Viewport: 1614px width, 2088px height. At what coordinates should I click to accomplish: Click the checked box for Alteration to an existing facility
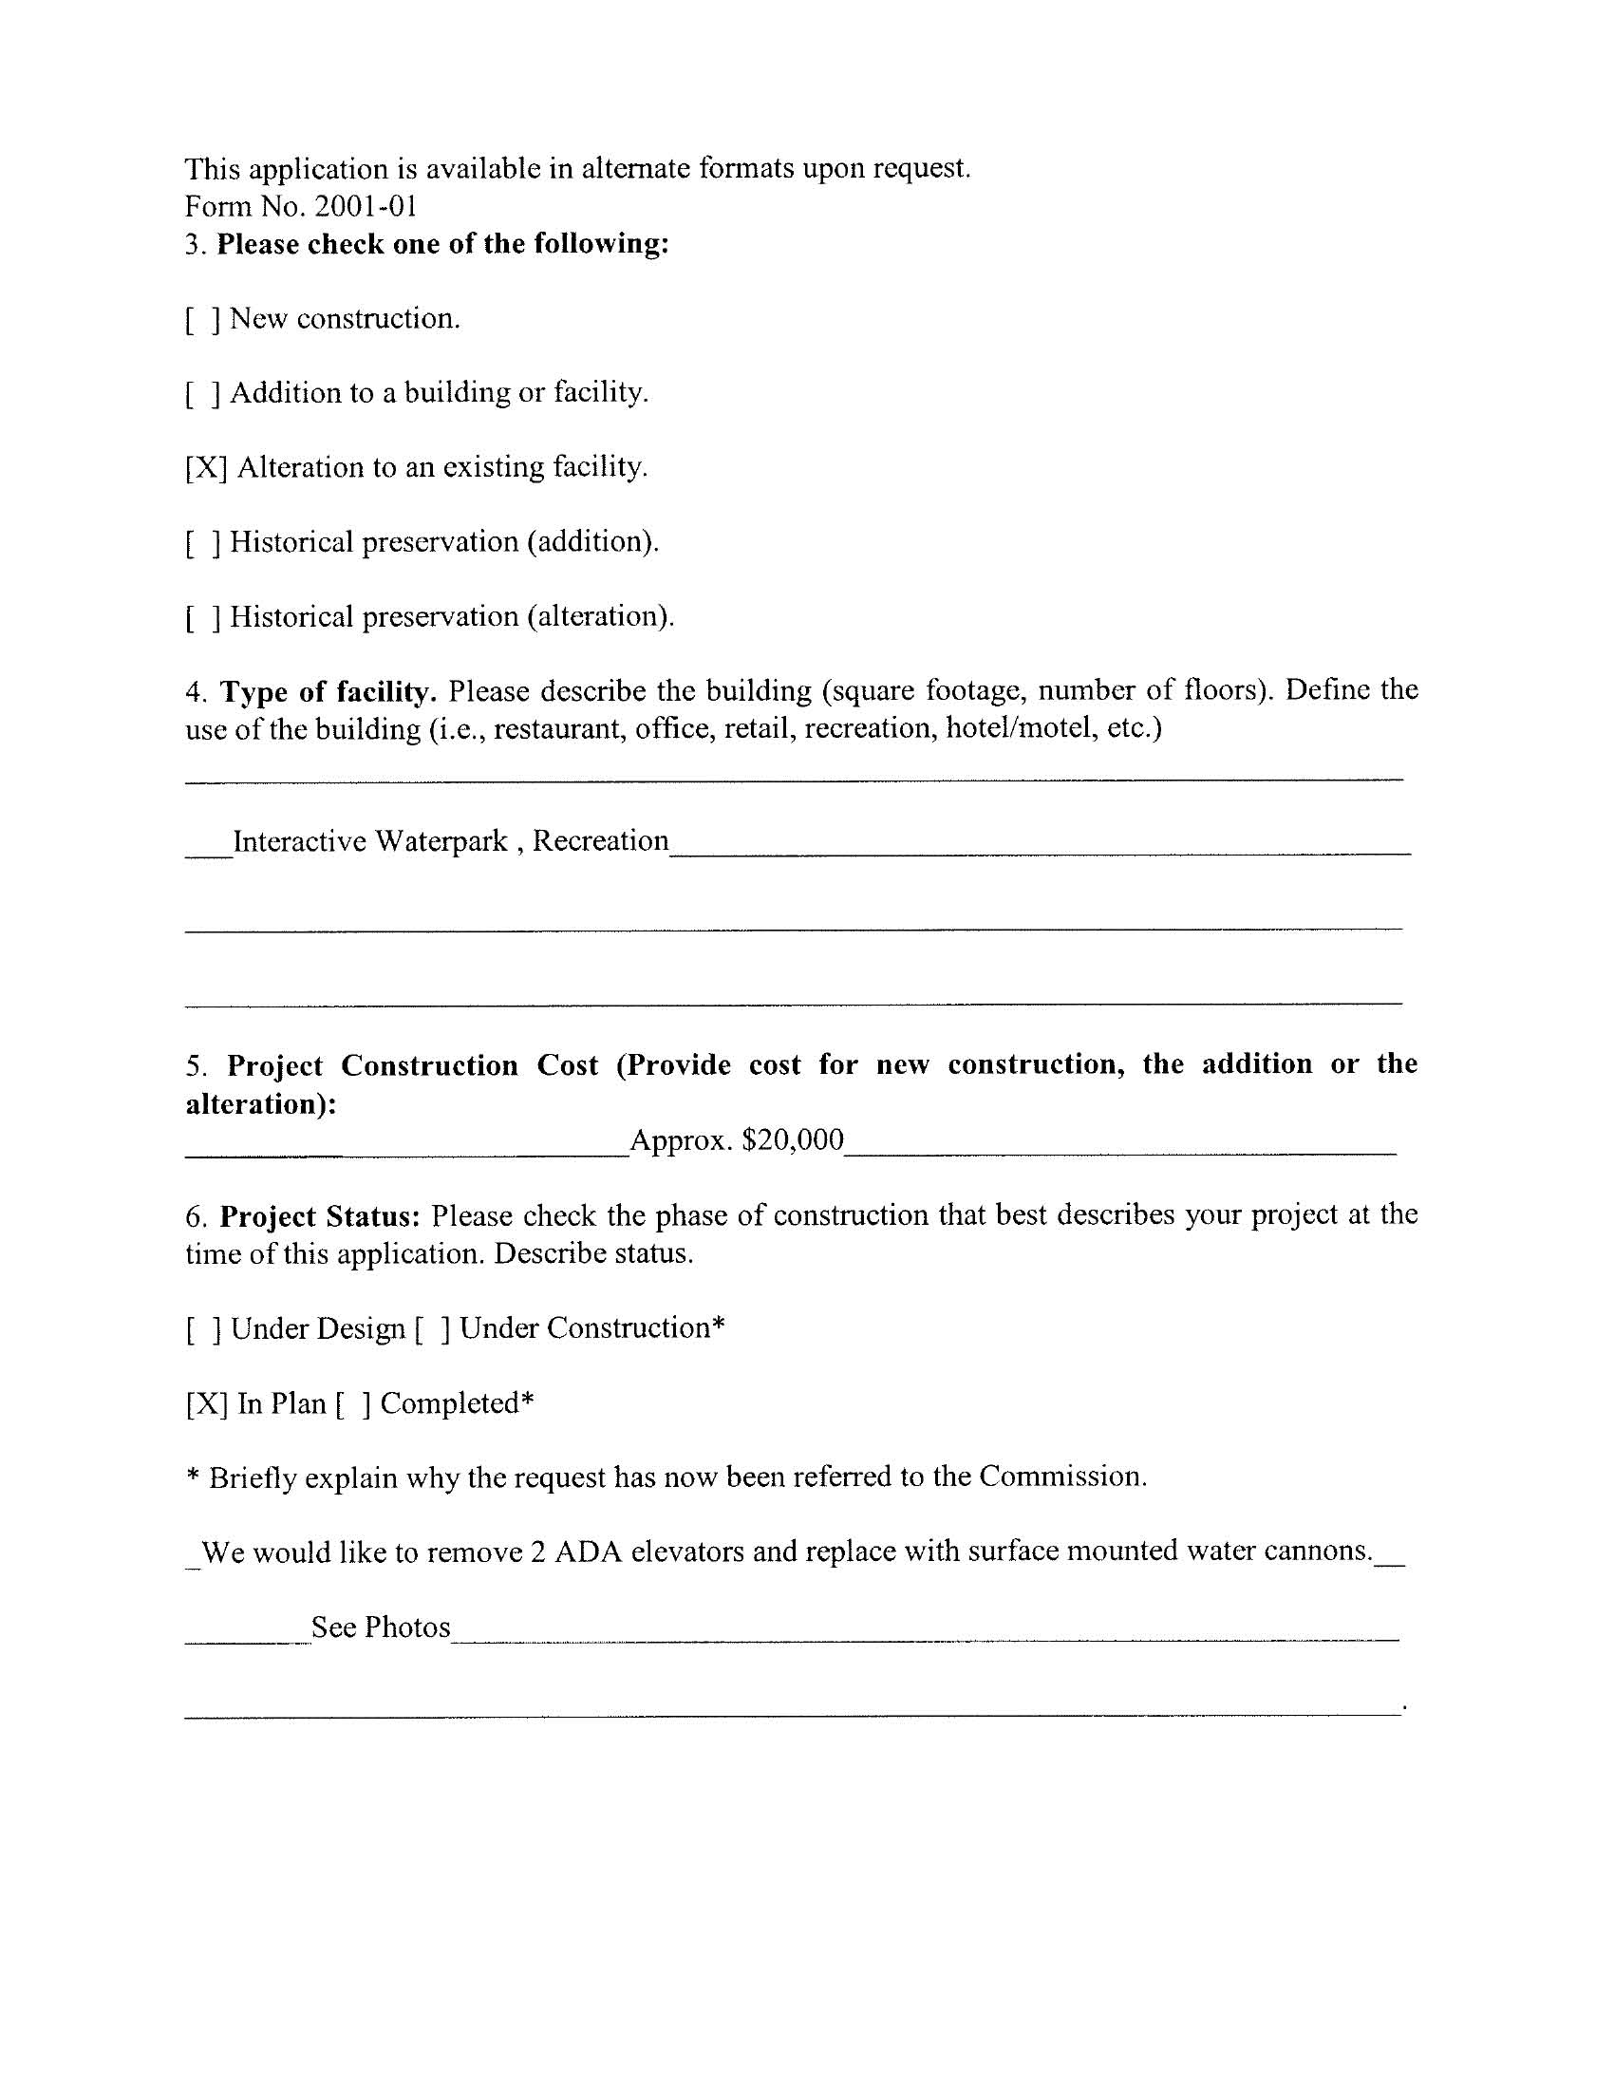206,468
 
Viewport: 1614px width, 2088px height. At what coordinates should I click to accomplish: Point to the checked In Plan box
207,1404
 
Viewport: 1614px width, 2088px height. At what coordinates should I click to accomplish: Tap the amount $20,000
793,1139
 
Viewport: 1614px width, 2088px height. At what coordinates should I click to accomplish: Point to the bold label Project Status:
320,1216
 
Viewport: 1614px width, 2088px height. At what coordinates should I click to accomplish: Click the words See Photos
381,1627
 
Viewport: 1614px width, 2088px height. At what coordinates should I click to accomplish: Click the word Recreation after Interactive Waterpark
600,840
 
